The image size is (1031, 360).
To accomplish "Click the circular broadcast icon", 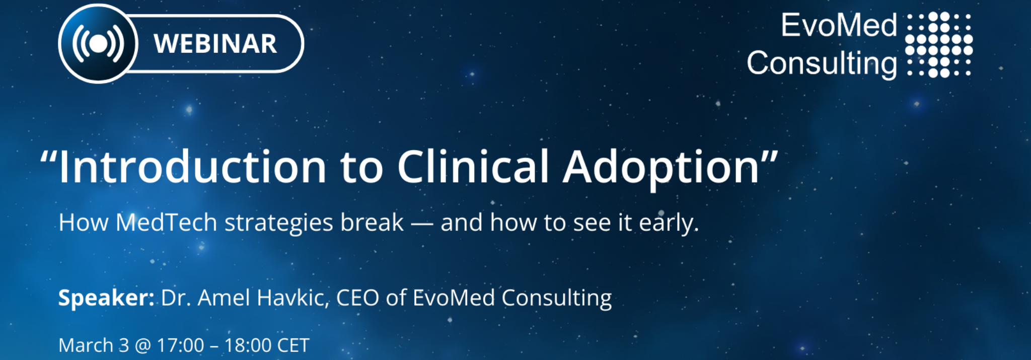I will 98,44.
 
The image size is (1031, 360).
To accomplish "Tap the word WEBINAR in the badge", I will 215,44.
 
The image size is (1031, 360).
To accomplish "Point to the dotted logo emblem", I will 938,44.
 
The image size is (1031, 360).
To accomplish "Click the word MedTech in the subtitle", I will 166,223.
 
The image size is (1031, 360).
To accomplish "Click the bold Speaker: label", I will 106,298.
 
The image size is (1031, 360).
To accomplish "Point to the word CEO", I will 357,298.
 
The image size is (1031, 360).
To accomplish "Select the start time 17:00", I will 181,346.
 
